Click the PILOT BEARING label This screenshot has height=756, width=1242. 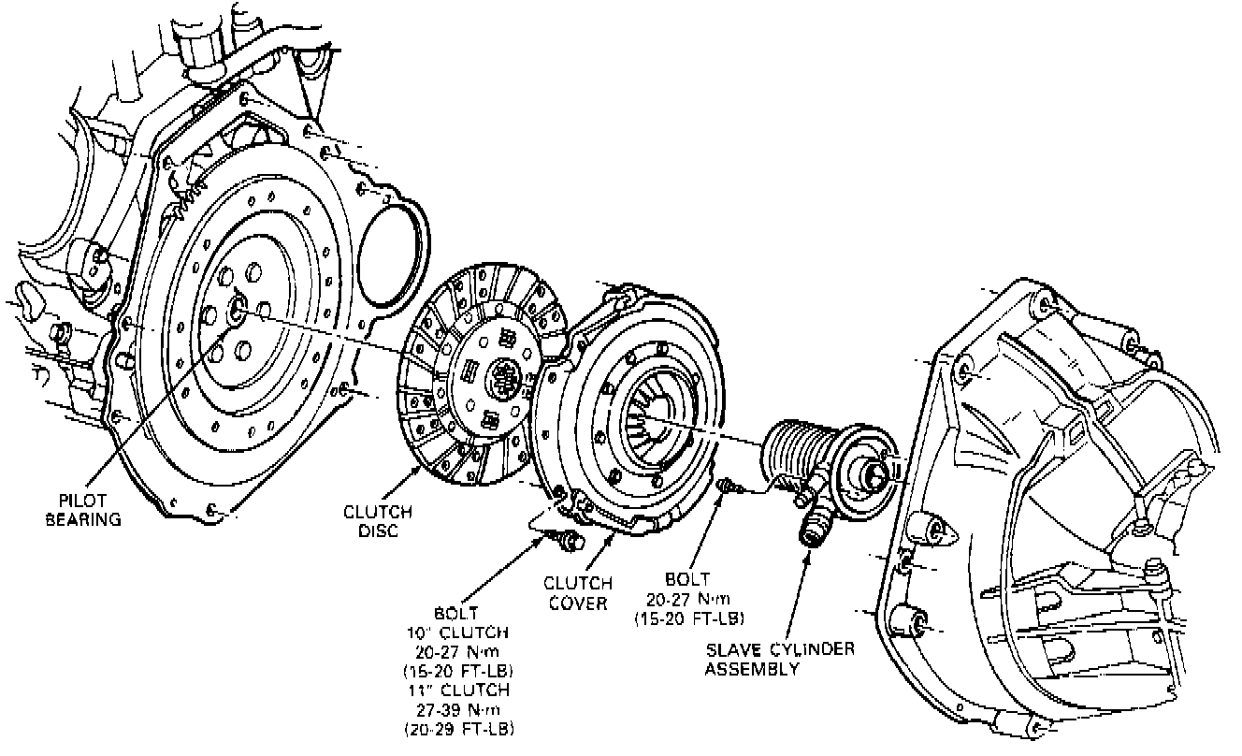83,510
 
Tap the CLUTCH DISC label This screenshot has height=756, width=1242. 377,521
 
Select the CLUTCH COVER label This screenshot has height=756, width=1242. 578,593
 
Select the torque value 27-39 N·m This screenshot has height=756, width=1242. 457,708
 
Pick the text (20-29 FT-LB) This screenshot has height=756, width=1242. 457,728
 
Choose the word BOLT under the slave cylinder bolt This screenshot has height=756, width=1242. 688,579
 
